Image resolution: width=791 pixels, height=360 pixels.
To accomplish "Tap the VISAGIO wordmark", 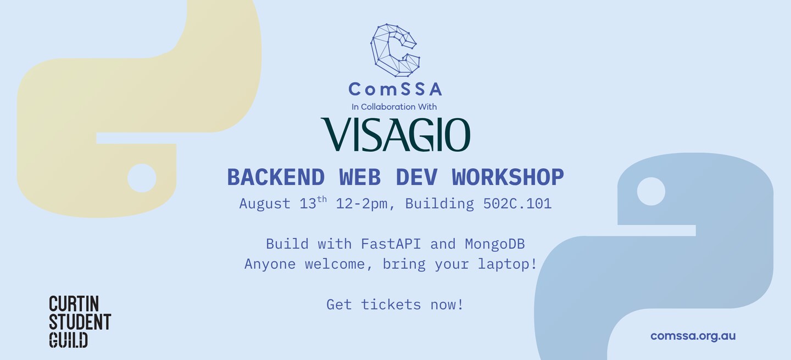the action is (x=396, y=134).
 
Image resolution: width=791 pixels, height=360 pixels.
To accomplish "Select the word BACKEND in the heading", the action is (x=276, y=177).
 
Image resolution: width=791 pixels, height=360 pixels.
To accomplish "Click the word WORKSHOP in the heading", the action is (x=508, y=177).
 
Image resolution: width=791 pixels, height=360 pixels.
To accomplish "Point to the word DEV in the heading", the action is (x=416, y=177).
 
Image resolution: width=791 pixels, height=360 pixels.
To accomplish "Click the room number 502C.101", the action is (x=517, y=204).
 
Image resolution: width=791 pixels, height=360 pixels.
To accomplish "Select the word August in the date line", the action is (x=265, y=204).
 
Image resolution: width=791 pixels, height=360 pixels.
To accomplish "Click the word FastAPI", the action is (x=391, y=244).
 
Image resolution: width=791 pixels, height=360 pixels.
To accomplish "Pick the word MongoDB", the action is (x=495, y=245).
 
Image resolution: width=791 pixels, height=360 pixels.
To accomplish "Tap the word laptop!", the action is (x=508, y=264).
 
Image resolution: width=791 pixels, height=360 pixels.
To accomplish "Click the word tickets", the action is (x=391, y=304).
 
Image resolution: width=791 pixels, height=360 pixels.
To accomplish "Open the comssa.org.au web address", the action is (x=693, y=336).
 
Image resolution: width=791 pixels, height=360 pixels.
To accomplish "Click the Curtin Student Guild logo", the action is (x=80, y=322).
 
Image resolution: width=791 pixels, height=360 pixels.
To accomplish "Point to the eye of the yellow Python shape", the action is (x=142, y=178).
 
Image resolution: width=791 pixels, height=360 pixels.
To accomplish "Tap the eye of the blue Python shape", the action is (x=651, y=191).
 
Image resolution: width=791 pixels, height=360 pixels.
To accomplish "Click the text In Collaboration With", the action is (x=394, y=107).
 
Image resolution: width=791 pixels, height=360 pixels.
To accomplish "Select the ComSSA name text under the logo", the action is (x=395, y=89).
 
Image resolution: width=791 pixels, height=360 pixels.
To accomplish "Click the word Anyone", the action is (x=270, y=264).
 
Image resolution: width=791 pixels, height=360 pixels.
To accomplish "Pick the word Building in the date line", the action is (x=439, y=204).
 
